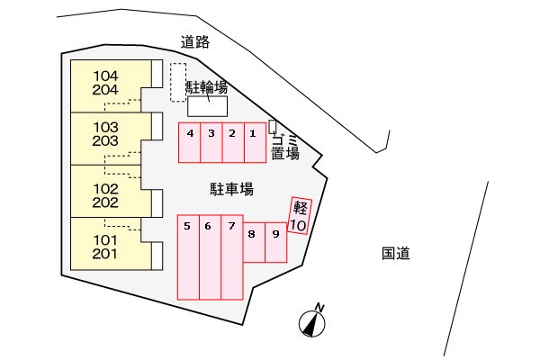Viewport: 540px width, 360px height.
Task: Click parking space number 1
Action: pyautogui.click(x=256, y=142)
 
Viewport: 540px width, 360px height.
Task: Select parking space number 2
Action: pyautogui.click(x=233, y=142)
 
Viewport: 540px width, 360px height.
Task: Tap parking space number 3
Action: pyautogui.click(x=211, y=142)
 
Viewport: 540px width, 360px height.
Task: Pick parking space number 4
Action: pyautogui.click(x=189, y=142)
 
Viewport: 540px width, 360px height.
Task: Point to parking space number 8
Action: pyautogui.click(x=253, y=242)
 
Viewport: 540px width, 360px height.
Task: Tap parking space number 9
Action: pyautogui.click(x=275, y=242)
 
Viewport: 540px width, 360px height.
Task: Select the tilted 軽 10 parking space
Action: pyautogui.click(x=300, y=215)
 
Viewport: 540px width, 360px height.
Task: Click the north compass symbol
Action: pyautogui.click(x=312, y=321)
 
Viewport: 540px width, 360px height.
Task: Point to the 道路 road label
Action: pyautogui.click(x=194, y=40)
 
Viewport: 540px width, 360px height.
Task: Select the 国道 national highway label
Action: pyautogui.click(x=395, y=254)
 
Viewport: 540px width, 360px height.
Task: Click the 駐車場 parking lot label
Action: pyautogui.click(x=231, y=189)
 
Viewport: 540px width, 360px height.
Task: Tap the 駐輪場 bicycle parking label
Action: pyautogui.click(x=206, y=87)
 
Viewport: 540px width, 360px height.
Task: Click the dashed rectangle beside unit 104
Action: pyautogui.click(x=178, y=82)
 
